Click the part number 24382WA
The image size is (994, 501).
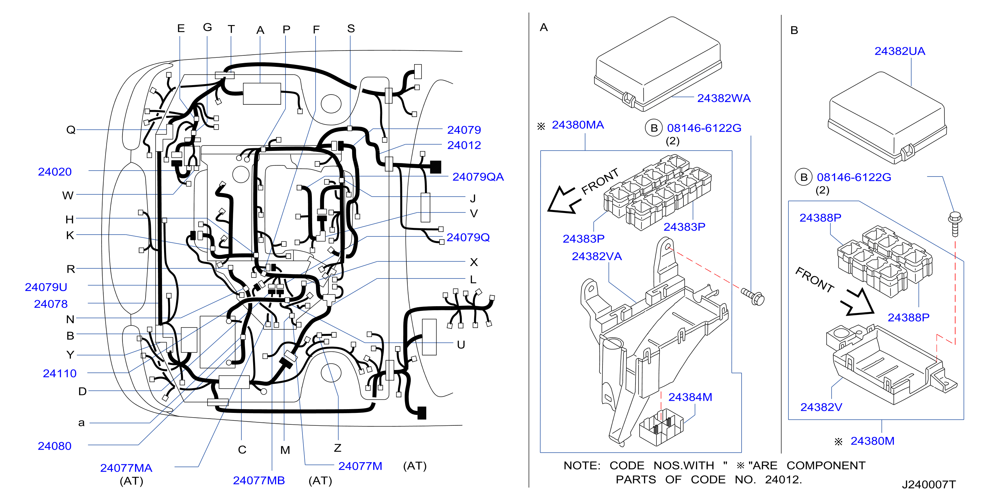click(724, 99)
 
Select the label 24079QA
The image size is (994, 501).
click(478, 177)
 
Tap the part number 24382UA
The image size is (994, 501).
click(899, 51)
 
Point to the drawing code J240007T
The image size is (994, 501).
click(929, 484)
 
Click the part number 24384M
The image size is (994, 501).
click(690, 397)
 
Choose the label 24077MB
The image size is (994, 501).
click(259, 480)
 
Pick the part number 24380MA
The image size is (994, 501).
click(577, 125)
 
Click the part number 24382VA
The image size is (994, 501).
click(596, 257)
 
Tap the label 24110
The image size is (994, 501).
click(59, 374)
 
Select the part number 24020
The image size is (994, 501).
click(54, 172)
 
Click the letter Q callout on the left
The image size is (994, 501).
click(71, 130)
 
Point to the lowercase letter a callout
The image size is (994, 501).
click(81, 423)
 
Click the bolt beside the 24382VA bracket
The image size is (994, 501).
click(753, 297)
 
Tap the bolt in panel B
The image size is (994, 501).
click(955, 224)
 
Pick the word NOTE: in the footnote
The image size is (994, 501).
click(582, 466)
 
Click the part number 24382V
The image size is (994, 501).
click(821, 407)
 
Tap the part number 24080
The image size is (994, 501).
click(54, 446)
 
